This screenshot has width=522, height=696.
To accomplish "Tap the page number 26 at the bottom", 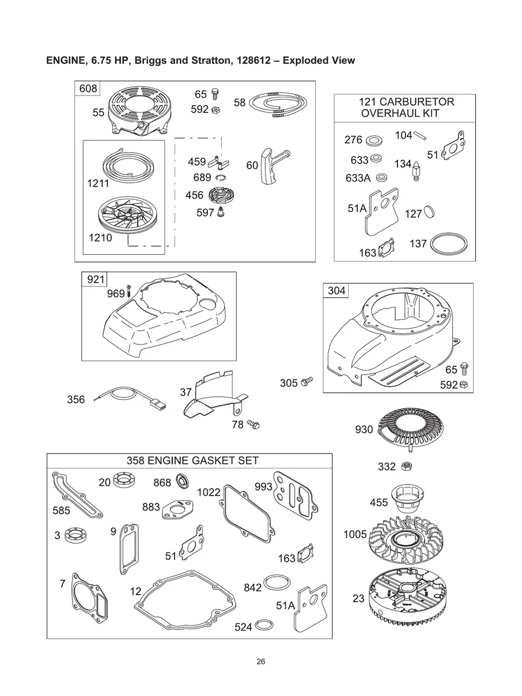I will (x=261, y=661).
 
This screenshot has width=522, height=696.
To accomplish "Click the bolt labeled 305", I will (x=307, y=381).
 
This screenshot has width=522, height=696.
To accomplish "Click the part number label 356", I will (x=76, y=399).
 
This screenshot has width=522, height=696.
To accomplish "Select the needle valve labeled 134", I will (x=416, y=171).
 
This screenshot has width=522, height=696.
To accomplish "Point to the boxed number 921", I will (x=96, y=279).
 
